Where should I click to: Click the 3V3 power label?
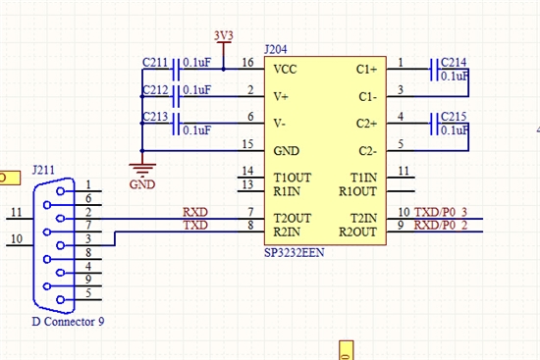pyautogui.click(x=224, y=35)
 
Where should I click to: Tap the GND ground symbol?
pyautogui.click(x=142, y=169)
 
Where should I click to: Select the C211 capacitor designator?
pyautogui.click(x=155, y=63)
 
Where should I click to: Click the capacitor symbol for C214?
pyautogui.click(x=434, y=70)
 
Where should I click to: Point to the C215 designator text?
pyautogui.click(x=454, y=117)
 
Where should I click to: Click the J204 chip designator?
pyautogui.click(x=276, y=50)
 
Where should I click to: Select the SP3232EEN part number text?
pyautogui.click(x=295, y=253)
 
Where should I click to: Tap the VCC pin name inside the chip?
pyautogui.click(x=285, y=70)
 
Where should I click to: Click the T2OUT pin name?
pyautogui.click(x=293, y=218)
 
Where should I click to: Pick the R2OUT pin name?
pyautogui.click(x=357, y=231)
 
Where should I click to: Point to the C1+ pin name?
pyautogui.click(x=366, y=70)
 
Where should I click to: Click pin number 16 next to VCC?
pyautogui.click(x=248, y=63)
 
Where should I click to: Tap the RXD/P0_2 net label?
pyautogui.click(x=441, y=225)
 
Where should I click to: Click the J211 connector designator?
pyautogui.click(x=43, y=170)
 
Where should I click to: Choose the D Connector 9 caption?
pyautogui.click(x=68, y=322)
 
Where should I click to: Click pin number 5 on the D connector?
pyautogui.click(x=88, y=293)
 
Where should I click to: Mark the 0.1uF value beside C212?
pyautogui.click(x=196, y=90)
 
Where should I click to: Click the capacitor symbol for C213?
pyautogui.click(x=176, y=124)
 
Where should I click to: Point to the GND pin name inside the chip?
pyautogui.click(x=286, y=151)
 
